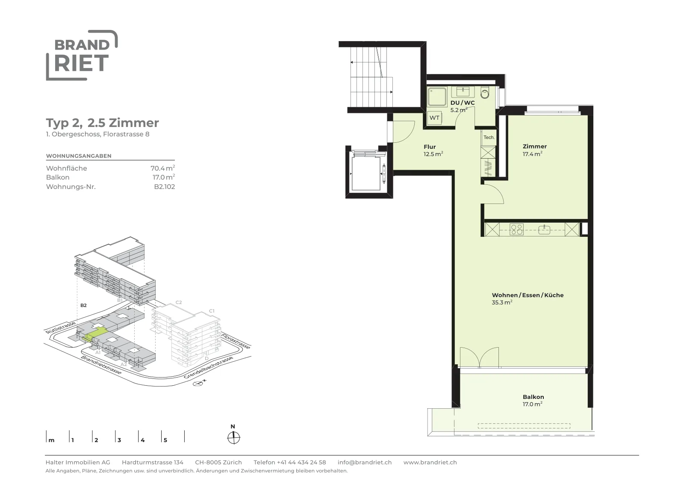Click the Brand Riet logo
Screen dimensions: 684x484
pyautogui.click(x=82, y=55)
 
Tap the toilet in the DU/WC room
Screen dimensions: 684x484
pyautogui.click(x=485, y=93)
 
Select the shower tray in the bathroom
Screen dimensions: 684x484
pyautogui.click(x=437, y=97)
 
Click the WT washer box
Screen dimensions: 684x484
pyautogui.click(x=434, y=118)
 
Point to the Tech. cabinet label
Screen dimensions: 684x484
pyautogui.click(x=489, y=137)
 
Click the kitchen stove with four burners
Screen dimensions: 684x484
pyautogui.click(x=516, y=229)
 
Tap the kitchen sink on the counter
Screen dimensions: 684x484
pyautogui.click(x=544, y=229)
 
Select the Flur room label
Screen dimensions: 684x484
pyautogui.click(x=430, y=147)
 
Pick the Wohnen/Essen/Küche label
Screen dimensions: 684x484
pyautogui.click(x=528, y=295)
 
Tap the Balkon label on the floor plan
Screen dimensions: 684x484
pyautogui.click(x=534, y=397)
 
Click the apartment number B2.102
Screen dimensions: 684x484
pyautogui.click(x=165, y=187)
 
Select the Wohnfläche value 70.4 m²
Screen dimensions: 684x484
pyautogui.click(x=163, y=168)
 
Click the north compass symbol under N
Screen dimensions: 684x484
pyautogui.click(x=233, y=438)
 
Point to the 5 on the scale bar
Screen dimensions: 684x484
pyautogui.click(x=165, y=440)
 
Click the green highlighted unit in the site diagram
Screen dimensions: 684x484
pyautogui.click(x=96, y=333)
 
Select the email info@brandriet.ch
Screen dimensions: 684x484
pyautogui.click(x=365, y=462)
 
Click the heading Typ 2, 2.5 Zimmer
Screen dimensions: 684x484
pyautogui.click(x=102, y=123)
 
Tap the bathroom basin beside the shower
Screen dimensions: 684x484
pyautogui.click(x=463, y=91)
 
